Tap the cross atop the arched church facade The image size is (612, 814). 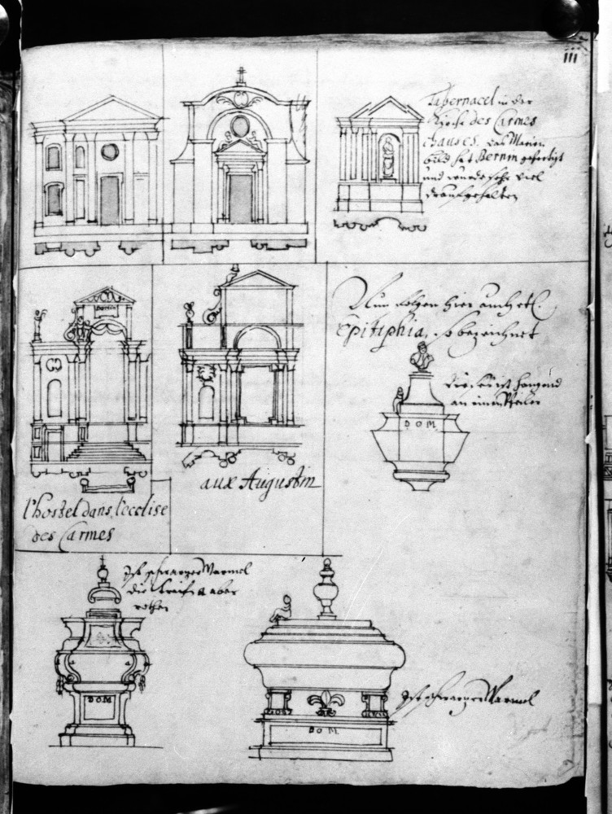click(240, 75)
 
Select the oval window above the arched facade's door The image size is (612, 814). click(240, 126)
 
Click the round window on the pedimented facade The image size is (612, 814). click(110, 151)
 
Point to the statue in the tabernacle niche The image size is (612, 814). click(387, 158)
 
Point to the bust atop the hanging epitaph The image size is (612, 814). click(421, 357)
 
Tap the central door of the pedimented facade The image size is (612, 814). click(110, 199)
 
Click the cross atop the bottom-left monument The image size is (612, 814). click(102, 562)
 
